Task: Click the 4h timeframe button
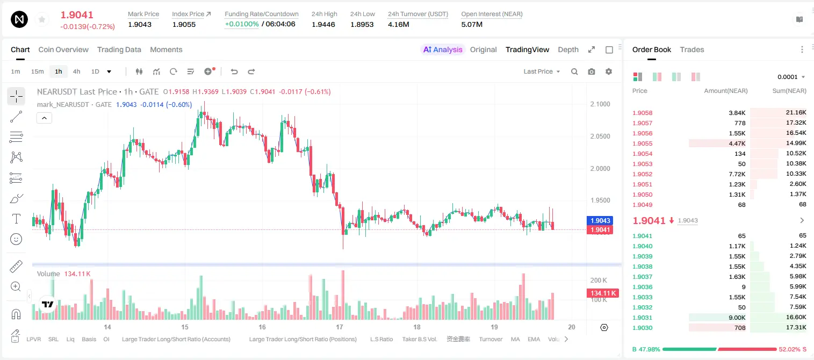[x=76, y=71]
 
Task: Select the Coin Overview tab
[x=63, y=49]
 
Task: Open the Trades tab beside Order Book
[x=692, y=49]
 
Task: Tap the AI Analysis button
[x=443, y=49]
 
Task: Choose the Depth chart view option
[x=568, y=49]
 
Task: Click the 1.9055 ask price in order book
[x=642, y=143]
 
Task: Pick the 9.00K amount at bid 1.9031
[x=737, y=318]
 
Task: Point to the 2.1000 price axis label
[x=600, y=104]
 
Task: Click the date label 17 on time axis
[x=340, y=327]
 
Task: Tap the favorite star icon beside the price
[x=42, y=19]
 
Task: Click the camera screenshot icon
[x=592, y=71]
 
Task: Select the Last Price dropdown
[x=542, y=71]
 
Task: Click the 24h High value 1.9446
[x=323, y=24]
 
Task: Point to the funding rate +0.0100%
[x=242, y=24]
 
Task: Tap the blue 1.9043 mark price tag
[x=600, y=220]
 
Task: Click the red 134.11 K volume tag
[x=603, y=293]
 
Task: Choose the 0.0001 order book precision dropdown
[x=791, y=77]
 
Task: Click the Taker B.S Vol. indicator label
[x=419, y=339]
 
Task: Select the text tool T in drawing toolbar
[x=16, y=219]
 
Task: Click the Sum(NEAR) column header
[x=789, y=91]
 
